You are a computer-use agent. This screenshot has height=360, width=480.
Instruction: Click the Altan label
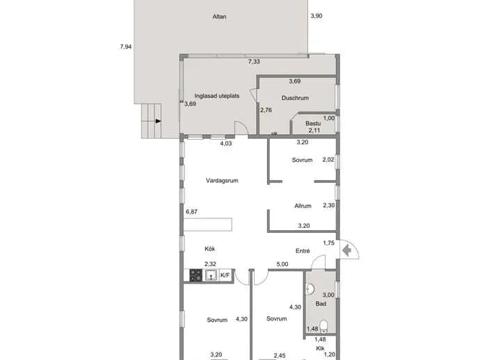[219, 17]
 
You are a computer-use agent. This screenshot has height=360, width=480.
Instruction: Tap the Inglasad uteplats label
[217, 96]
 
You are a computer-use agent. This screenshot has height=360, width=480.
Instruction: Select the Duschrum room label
[295, 98]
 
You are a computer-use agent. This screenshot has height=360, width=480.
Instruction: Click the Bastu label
[313, 124]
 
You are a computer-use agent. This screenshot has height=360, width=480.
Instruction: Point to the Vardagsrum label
[222, 181]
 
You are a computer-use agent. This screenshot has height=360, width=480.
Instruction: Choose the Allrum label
[303, 206]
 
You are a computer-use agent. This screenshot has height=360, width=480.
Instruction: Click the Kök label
[209, 249]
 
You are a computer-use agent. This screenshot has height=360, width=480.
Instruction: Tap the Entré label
[303, 251]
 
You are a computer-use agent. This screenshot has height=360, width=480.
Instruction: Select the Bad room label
[321, 304]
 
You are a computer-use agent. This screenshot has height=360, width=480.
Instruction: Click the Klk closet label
[320, 348]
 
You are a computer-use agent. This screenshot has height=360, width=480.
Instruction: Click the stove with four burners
[196, 275]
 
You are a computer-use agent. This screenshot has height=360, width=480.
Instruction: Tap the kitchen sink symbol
[211, 275]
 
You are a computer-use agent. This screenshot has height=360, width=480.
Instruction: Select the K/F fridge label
[225, 275]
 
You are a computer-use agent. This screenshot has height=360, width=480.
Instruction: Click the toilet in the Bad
[323, 326]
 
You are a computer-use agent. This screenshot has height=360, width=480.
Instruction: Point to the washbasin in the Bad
[310, 289]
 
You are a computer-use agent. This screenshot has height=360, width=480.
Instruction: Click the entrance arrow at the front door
[346, 251]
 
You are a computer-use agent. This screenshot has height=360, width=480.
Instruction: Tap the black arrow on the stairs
[159, 121]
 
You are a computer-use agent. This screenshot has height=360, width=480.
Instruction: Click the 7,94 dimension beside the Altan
[126, 47]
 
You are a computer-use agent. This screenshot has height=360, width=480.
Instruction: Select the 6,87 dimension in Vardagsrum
[191, 212]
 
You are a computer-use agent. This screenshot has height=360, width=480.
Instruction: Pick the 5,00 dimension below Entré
[282, 264]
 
